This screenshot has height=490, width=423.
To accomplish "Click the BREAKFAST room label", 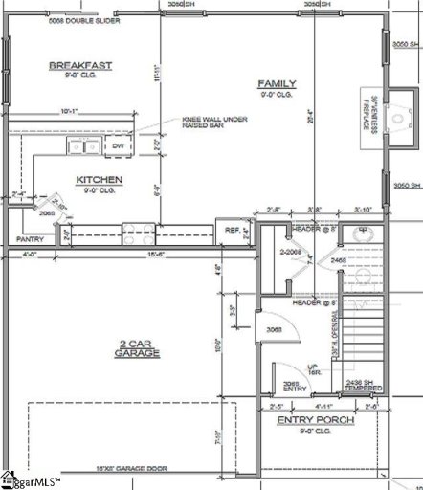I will click(80, 65).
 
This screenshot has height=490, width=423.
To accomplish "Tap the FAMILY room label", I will click(278, 85).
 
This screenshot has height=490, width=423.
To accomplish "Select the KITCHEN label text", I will click(99, 179).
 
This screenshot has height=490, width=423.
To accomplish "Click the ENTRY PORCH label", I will click(315, 420).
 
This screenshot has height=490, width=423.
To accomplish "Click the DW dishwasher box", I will click(118, 146).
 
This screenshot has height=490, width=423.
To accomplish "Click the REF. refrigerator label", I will click(232, 231).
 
